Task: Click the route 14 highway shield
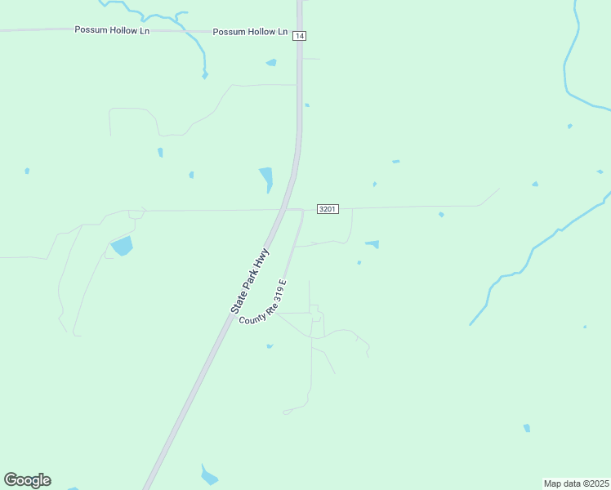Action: (300, 36)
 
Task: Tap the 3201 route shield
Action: (327, 209)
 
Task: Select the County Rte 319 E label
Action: (263, 302)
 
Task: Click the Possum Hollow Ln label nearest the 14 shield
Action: (250, 32)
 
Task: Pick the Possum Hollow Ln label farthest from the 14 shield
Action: (112, 29)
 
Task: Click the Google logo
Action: (27, 480)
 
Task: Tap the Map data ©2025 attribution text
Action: (576, 483)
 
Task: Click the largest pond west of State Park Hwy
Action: (122, 245)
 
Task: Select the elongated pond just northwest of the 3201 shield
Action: (266, 179)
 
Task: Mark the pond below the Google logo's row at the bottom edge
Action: (208, 475)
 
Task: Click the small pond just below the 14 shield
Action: (271, 62)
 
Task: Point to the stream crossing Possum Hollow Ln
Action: (196, 32)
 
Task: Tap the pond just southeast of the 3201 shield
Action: (372, 243)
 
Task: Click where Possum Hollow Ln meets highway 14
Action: (299, 32)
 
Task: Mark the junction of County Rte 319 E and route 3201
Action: (302, 210)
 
